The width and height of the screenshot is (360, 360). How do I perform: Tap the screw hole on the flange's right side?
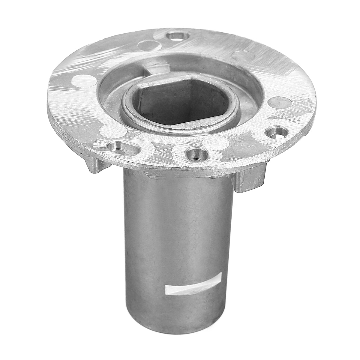coord(276,132)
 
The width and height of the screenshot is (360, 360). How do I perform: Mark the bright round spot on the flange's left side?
coord(84,81)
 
